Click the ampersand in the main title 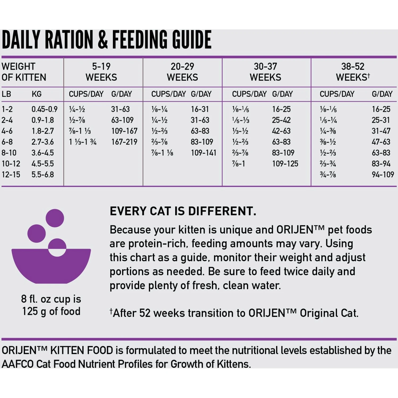point(103,40)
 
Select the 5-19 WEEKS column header point(101,72)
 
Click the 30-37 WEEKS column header point(265,72)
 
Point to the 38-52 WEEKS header point(353,72)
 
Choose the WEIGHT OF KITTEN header point(24,72)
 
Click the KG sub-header point(37,94)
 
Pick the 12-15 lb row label point(11,175)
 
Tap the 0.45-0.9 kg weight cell point(44,109)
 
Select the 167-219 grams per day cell point(124,142)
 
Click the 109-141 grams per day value point(204,153)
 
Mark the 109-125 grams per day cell point(285,164)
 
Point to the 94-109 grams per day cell point(383,175)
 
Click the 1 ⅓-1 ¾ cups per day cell point(83,142)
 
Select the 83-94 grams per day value point(381,164)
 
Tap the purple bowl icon point(51,265)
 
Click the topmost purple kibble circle point(55,218)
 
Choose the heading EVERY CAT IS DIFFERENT point(183,211)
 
